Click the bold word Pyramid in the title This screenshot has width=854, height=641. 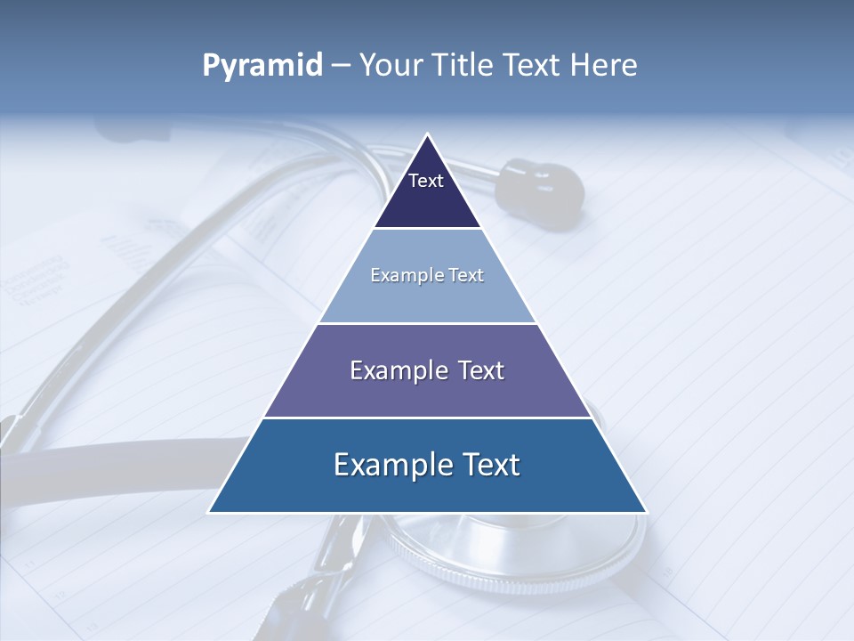click(262, 66)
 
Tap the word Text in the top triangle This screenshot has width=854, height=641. click(426, 181)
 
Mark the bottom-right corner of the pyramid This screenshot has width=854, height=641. click(645, 511)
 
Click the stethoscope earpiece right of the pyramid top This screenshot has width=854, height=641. click(538, 185)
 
